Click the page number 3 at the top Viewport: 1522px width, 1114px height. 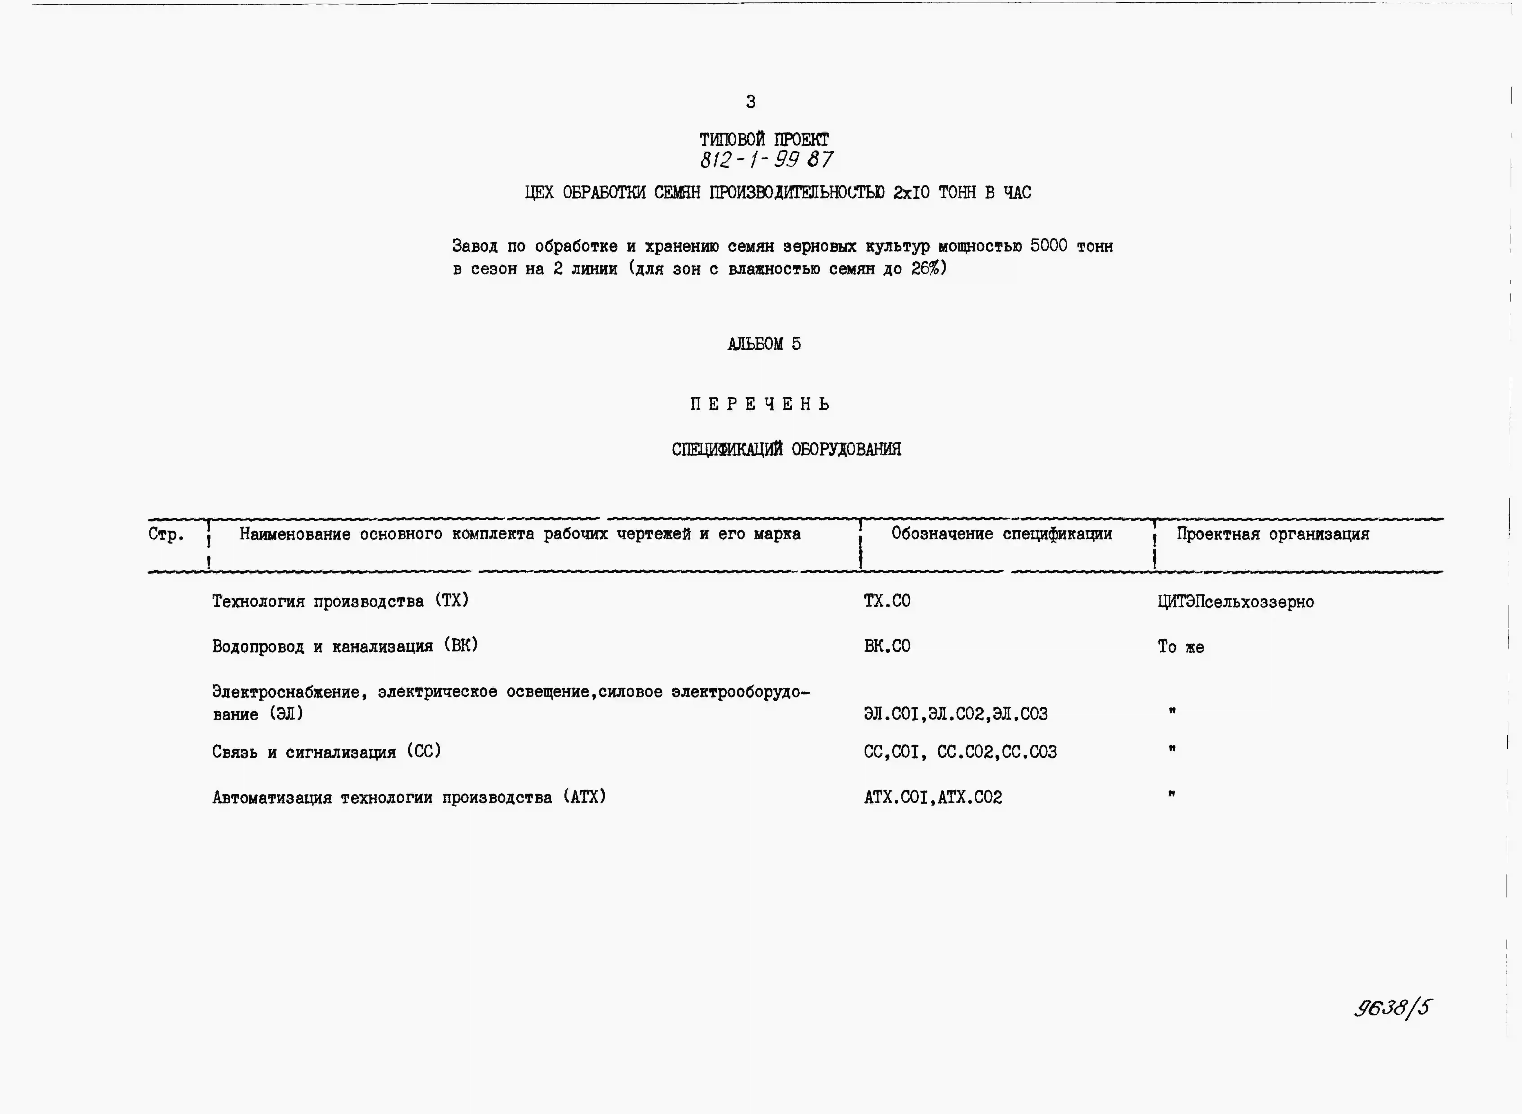pyautogui.click(x=750, y=102)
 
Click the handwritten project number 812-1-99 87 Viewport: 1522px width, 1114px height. pyautogui.click(x=766, y=160)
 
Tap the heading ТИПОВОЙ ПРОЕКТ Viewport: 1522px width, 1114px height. pyautogui.click(x=764, y=140)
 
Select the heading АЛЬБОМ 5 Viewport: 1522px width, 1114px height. pyautogui.click(x=764, y=344)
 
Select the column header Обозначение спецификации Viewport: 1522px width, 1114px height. pyautogui.click(x=1001, y=534)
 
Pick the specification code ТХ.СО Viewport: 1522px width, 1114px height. pyautogui.click(x=887, y=601)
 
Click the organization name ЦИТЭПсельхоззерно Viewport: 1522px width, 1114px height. pyautogui.click(x=1235, y=602)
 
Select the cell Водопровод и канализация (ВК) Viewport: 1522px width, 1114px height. pyautogui.click(x=345, y=646)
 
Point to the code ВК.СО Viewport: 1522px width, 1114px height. pyautogui.click(x=887, y=646)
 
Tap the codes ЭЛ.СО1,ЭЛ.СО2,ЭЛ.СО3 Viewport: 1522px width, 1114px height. pyautogui.click(x=956, y=713)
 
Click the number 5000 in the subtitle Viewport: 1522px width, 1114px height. pyautogui.click(x=1049, y=246)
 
